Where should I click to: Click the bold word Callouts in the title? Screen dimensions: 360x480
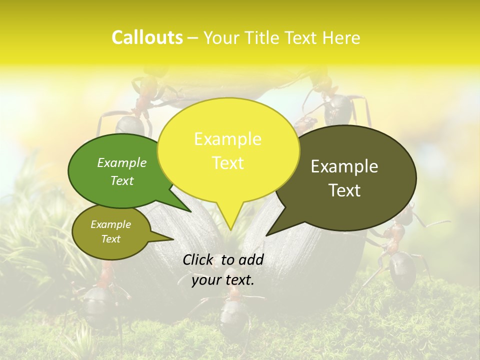tap(147, 37)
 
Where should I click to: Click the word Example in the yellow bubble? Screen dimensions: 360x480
tap(227, 139)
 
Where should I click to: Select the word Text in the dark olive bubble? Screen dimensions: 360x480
tap(344, 190)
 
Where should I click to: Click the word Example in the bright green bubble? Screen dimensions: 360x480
tap(121, 162)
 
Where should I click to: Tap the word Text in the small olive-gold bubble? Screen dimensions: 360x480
tap(110, 239)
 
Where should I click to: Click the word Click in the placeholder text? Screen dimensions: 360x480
tap(198, 259)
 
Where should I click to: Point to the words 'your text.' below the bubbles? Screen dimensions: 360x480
tap(222, 280)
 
